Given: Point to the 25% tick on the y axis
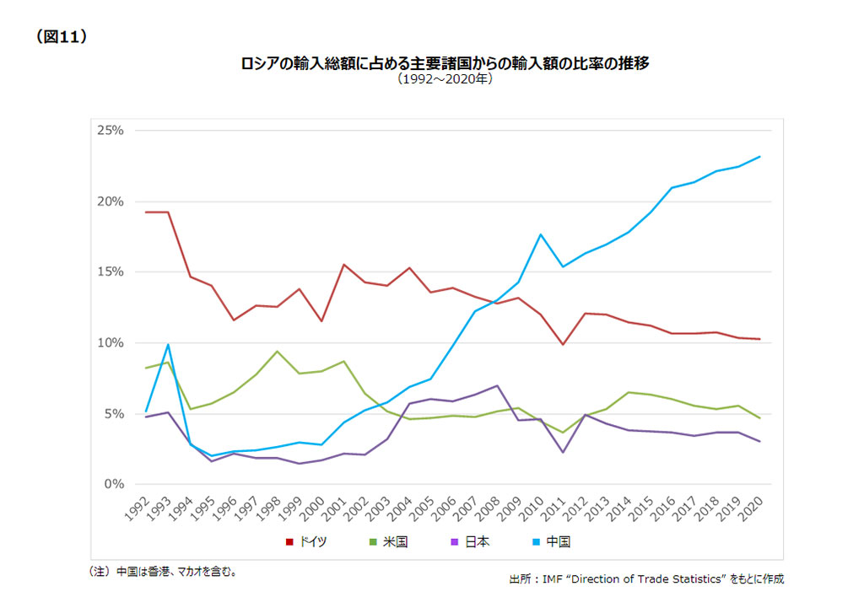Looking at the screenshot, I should [111, 131].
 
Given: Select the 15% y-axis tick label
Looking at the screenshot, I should [111, 272].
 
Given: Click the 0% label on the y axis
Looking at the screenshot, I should [115, 485].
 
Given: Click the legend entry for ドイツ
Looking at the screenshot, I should [307, 542].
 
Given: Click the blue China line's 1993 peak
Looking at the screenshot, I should [168, 344].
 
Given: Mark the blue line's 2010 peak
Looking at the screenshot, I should [541, 234].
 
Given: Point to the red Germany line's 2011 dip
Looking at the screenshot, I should [563, 344].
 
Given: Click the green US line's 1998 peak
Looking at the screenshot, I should [277, 352].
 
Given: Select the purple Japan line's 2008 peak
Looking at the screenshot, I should [498, 386].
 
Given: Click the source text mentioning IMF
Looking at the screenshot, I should [646, 579].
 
